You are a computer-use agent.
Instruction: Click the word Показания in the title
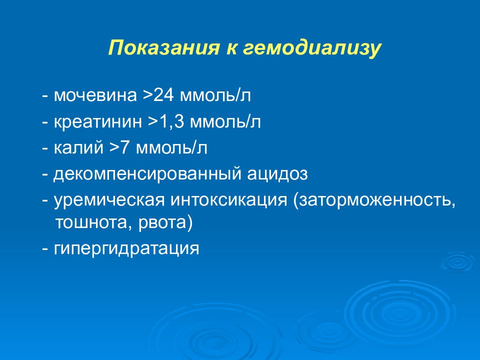(164, 48)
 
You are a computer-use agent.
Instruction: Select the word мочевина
(95, 95)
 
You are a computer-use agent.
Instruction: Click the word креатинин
(98, 122)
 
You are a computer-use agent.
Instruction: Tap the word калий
(78, 147)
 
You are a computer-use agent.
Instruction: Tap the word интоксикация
(228, 200)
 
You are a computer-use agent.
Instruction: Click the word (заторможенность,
(374, 200)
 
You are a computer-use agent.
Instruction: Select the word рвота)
(165, 222)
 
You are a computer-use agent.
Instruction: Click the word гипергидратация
(126, 248)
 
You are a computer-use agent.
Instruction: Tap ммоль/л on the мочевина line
(215, 95)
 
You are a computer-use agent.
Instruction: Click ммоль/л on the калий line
(171, 147)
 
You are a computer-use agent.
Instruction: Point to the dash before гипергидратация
(45, 249)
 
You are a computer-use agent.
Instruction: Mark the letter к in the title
(231, 49)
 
